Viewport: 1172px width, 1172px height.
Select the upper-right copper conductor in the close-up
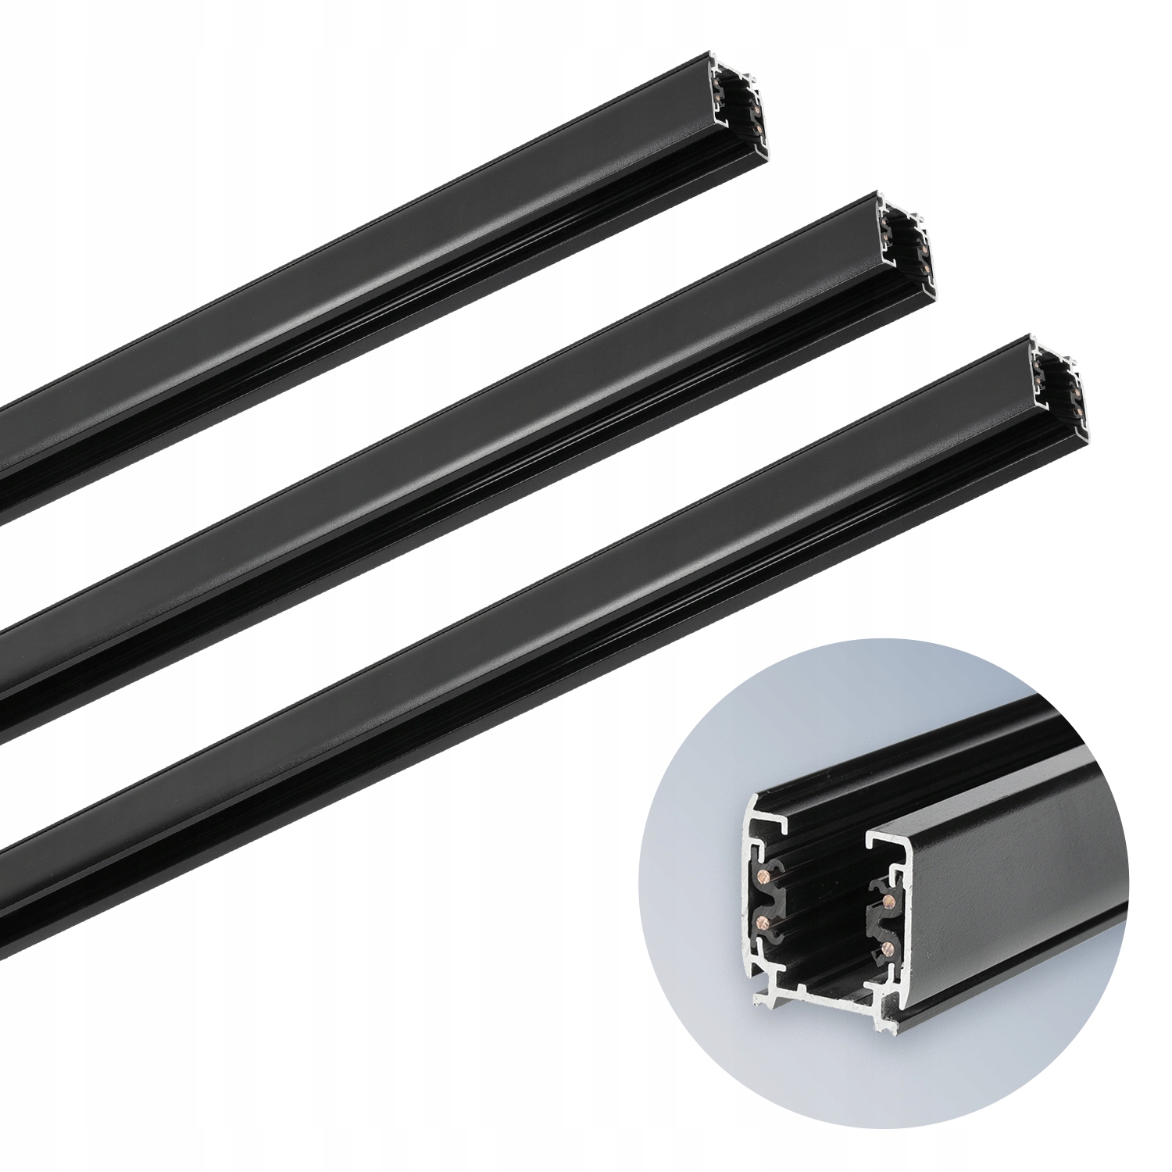click(888, 902)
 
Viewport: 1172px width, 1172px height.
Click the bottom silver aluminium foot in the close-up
click(813, 997)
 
